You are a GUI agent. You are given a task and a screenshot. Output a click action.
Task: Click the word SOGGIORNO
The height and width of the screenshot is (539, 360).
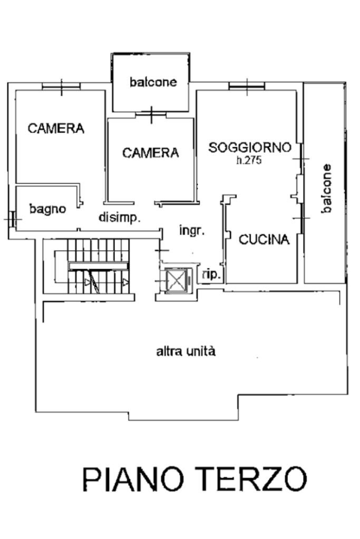coord(250,148)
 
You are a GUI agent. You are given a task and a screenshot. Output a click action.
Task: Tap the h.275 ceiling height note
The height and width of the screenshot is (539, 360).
coord(249,161)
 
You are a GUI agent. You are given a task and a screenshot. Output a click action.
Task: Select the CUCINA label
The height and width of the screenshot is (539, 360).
coord(264,240)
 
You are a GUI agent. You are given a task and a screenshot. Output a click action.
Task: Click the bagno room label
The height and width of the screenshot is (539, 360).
coord(47,209)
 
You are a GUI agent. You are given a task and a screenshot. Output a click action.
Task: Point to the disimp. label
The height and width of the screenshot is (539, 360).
coord(120,218)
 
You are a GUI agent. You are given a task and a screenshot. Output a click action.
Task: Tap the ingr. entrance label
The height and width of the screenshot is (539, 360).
coord(192,230)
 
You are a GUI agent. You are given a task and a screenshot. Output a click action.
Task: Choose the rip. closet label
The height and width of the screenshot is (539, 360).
coord(211,275)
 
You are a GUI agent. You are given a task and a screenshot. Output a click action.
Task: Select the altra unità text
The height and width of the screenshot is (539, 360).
coord(186,351)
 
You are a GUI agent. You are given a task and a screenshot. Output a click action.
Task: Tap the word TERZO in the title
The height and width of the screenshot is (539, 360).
coord(252,479)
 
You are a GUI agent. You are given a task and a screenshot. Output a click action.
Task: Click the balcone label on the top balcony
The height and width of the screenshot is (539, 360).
coord(153,82)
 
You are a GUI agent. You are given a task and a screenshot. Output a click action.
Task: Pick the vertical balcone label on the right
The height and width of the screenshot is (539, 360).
coord(327,189)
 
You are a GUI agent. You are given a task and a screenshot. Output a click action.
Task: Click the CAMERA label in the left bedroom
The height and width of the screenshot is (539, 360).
coord(56,129)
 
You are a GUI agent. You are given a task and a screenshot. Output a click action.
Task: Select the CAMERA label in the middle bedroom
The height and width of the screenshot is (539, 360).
coord(151,153)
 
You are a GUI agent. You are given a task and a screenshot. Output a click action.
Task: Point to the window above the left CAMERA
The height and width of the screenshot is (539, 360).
coord(61,86)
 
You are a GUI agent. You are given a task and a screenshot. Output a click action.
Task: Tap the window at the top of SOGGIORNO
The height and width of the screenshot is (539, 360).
coord(247,86)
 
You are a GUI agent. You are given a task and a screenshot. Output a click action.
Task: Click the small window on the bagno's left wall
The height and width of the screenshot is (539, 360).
coord(12,219)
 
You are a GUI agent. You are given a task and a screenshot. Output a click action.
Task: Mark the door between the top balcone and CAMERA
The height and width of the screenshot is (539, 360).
coord(151,114)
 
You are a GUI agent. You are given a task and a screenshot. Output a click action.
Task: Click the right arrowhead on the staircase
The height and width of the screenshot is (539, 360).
coord(126,282)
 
